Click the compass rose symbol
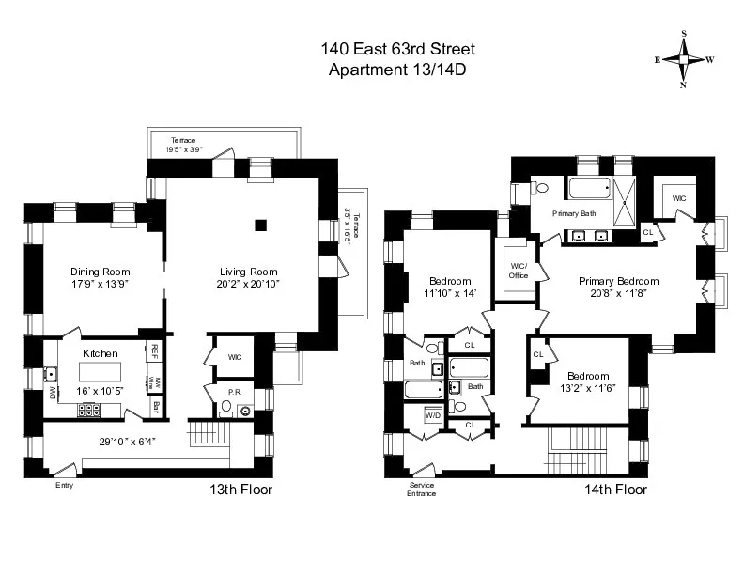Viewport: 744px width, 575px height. point(683,58)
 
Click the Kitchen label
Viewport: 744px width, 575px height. point(100,352)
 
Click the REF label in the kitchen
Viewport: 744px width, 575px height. point(154,350)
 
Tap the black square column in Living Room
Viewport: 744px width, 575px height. point(261,225)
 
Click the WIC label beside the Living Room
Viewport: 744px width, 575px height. point(235,357)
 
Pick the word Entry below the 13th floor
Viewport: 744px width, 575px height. point(63,485)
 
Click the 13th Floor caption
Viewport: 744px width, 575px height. point(240,490)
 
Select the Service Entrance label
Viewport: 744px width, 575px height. point(422,490)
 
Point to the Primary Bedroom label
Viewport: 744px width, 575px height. point(618,281)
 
